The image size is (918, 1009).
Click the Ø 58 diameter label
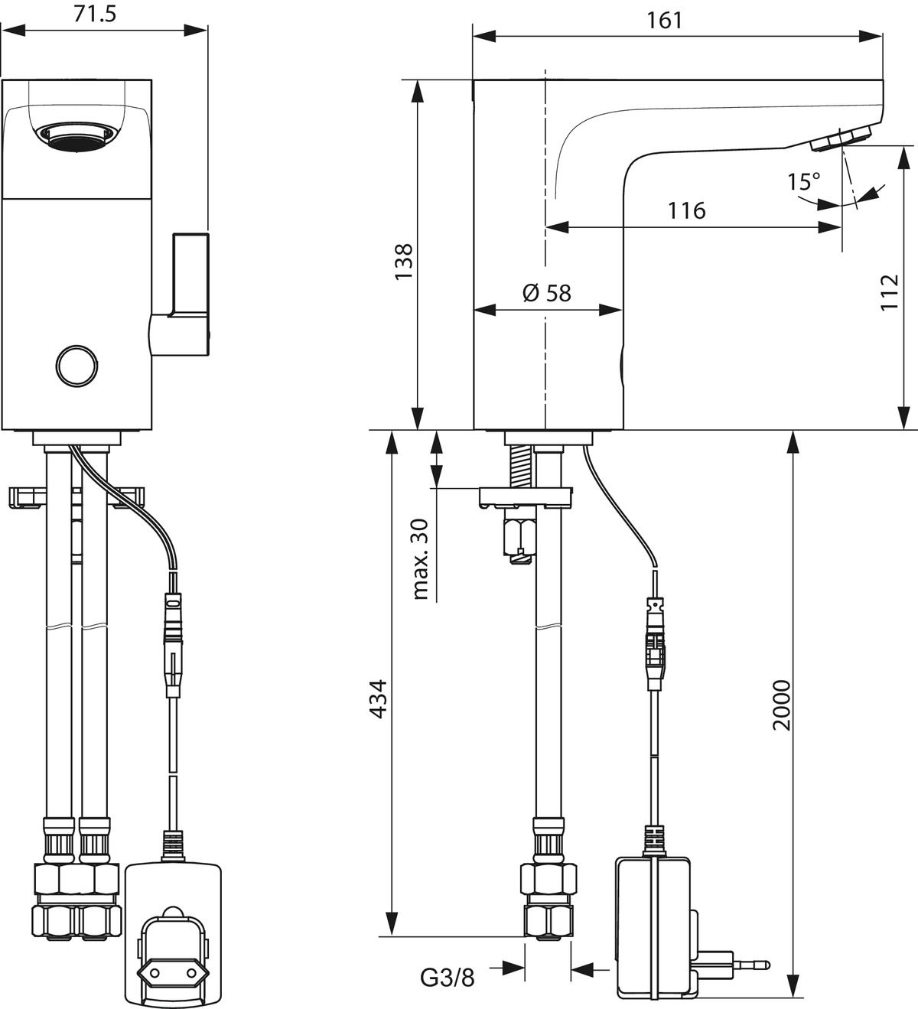pyautogui.click(x=546, y=292)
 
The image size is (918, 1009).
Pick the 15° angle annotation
pyautogui.click(x=803, y=182)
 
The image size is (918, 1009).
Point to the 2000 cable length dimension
pyautogui.click(x=780, y=704)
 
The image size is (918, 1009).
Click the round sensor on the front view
pyautogui.click(x=77, y=366)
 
